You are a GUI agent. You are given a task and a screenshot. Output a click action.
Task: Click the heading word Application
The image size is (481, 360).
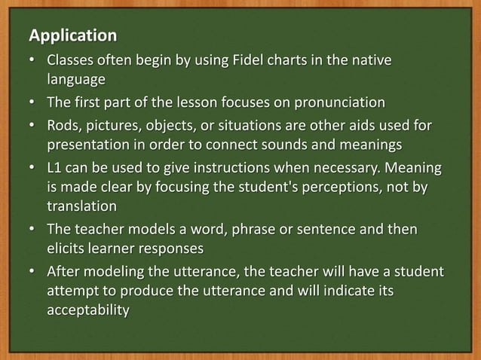(72, 35)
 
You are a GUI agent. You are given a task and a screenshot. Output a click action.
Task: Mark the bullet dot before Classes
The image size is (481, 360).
(32, 59)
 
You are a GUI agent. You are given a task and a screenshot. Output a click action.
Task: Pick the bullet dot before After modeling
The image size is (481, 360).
(32, 270)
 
